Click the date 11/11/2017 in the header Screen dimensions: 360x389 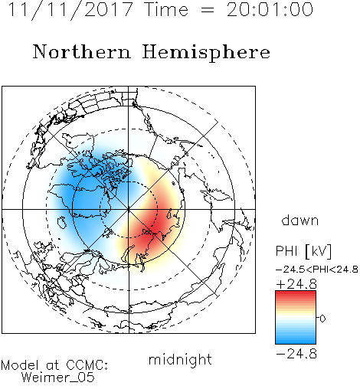70,10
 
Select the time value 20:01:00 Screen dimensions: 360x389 270,10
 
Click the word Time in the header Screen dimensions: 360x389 166,10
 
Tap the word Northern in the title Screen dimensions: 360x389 82,51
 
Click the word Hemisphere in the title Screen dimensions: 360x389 206,53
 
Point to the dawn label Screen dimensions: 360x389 300,220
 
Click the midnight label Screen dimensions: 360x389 180,359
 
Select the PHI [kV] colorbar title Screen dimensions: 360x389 303,251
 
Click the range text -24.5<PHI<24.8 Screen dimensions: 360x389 317,270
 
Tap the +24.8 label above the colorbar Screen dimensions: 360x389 296,284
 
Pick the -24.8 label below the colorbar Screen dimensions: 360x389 296,354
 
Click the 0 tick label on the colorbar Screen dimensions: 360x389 322,319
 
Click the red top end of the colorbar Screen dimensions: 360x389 296,293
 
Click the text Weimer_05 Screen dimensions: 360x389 58,378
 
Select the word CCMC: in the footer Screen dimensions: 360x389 87,365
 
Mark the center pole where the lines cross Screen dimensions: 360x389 129,209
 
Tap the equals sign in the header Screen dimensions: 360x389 208,11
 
